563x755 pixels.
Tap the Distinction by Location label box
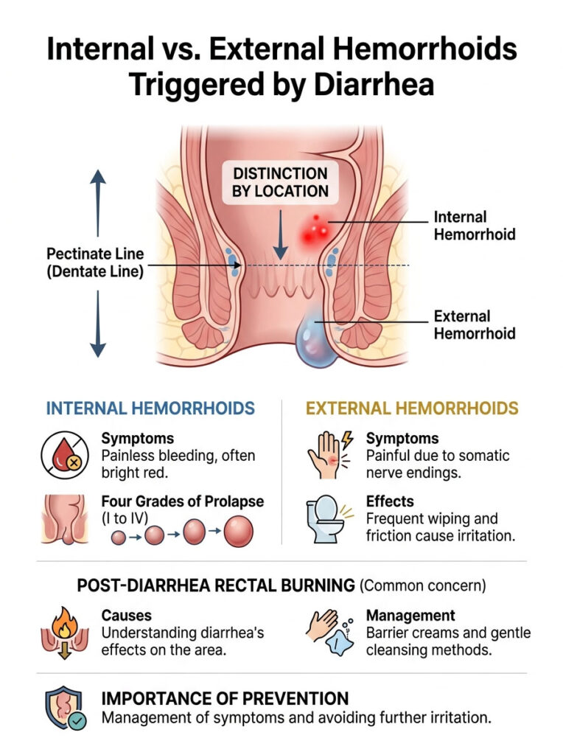pos(280,182)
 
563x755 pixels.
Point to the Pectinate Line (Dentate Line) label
pos(95,262)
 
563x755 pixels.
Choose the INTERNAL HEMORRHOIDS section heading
pos(150,408)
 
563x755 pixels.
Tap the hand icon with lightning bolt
pos(326,454)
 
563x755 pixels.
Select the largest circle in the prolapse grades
pos(238,532)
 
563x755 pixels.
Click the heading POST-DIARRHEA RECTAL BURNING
pos(216,585)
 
